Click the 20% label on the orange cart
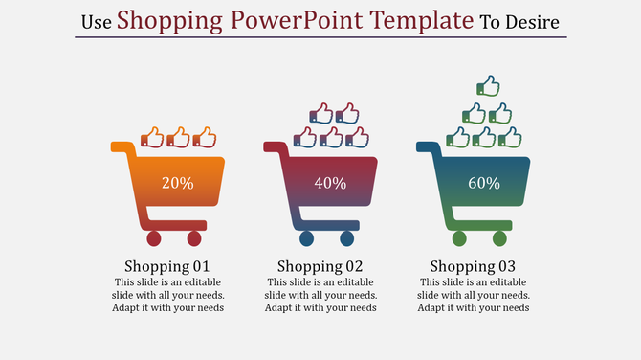coord(178,183)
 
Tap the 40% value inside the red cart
coord(330,183)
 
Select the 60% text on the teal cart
coord(483,183)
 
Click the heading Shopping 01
coord(167,265)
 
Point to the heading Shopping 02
coord(320,265)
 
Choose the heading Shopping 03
coord(473,265)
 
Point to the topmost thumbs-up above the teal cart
coord(488,87)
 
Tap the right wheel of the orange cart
coord(194,238)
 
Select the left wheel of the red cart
coord(306,238)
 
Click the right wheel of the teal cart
coord(499,238)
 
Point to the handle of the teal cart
coord(426,146)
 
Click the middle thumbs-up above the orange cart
coord(178,138)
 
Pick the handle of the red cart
coord(273,146)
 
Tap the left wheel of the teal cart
coord(459,238)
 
